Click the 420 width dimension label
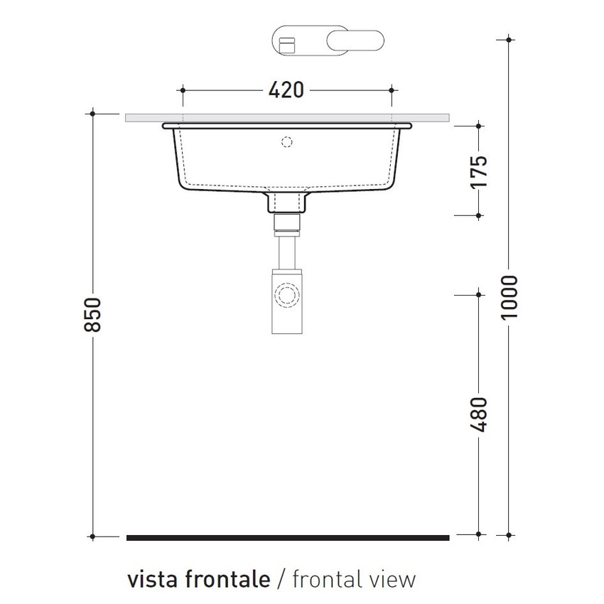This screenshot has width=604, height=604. [286, 90]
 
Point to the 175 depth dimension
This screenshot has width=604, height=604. [480, 171]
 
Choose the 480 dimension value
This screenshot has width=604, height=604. [480, 414]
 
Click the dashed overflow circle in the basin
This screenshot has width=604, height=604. [287, 141]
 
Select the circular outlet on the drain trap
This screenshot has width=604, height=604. [287, 293]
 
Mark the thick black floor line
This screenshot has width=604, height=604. [288, 538]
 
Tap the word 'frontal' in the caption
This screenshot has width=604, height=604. [325, 579]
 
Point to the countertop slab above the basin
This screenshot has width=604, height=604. [288, 117]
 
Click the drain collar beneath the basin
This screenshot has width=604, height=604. [287, 203]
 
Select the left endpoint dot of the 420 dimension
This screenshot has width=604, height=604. [183, 90]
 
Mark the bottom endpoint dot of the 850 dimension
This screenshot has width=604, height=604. [93, 535]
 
